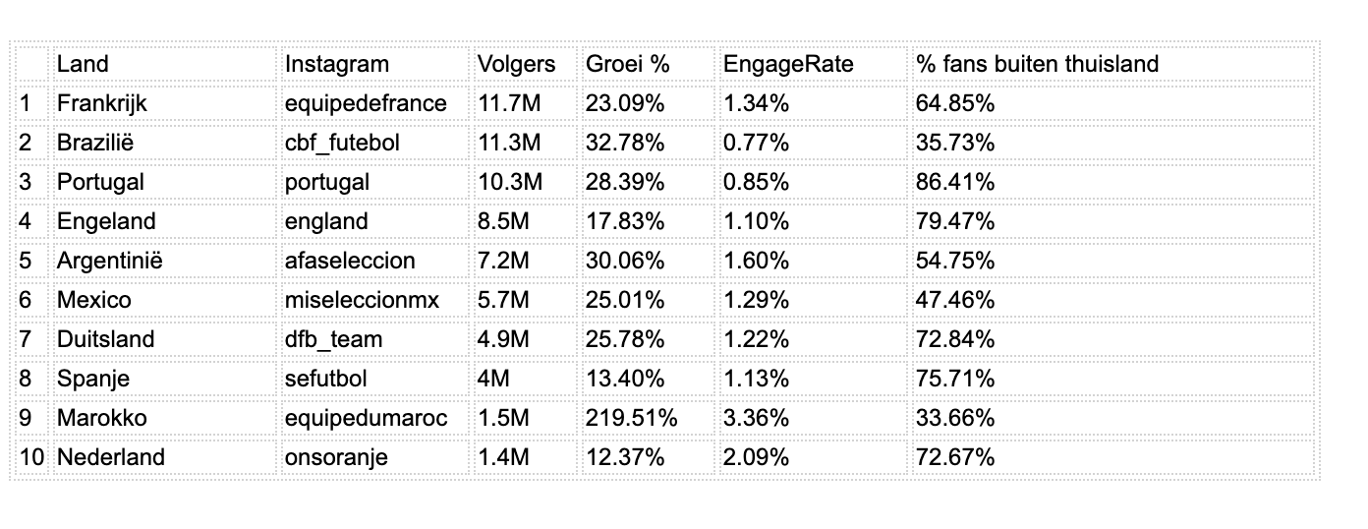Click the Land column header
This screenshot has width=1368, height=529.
(x=83, y=64)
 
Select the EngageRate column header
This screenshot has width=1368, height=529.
(x=788, y=64)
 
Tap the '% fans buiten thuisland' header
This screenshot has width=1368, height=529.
(x=1037, y=64)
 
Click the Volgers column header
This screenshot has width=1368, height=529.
(x=516, y=64)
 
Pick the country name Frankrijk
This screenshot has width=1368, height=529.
(x=102, y=103)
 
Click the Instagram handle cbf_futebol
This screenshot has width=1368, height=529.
(x=342, y=143)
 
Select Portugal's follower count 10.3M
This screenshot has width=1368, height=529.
(x=509, y=182)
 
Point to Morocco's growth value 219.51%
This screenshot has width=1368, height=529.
(x=632, y=418)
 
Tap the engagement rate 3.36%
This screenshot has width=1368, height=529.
(x=756, y=418)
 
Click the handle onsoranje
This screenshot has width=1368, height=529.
(x=336, y=457)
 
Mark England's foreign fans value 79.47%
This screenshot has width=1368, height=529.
(x=955, y=221)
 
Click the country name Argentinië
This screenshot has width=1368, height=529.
(x=109, y=261)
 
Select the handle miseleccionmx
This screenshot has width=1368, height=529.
(x=363, y=300)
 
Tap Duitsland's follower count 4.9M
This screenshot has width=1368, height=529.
(x=503, y=339)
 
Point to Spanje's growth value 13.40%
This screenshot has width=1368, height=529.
(x=625, y=379)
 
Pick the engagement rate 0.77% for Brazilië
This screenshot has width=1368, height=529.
(x=756, y=143)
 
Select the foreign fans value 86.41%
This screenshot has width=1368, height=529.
(x=955, y=182)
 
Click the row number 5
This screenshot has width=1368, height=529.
(x=26, y=261)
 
